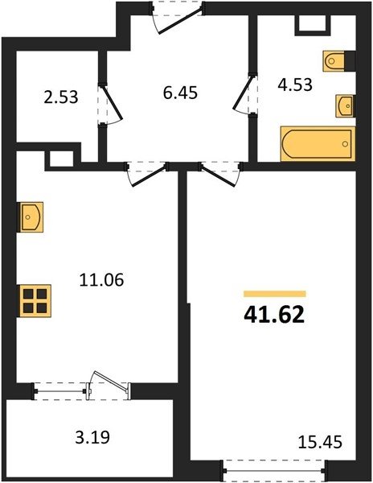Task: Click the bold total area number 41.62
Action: coord(274,315)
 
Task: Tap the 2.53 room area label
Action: coord(61,97)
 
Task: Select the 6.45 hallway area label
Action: coord(180,93)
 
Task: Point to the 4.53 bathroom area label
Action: coord(295,85)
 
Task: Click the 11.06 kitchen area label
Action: coord(101,280)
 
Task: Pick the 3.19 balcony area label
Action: coord(92,437)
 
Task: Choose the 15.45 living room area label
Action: coord(320,442)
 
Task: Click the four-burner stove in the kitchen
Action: coord(35,300)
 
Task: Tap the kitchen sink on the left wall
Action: coord(31,217)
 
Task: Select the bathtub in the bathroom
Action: coord(318,144)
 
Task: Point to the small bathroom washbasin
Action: coord(345,106)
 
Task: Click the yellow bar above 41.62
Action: coord(275,294)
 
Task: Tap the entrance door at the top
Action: coord(178,17)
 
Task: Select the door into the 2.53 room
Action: coord(110,104)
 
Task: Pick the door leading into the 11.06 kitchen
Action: coord(147,173)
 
